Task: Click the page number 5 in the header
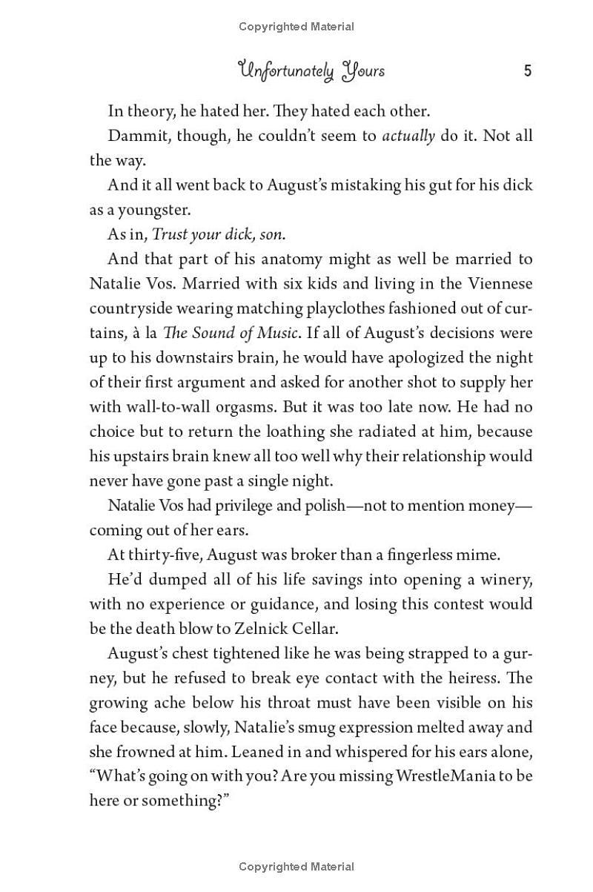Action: pyautogui.click(x=528, y=71)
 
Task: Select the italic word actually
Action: pyautogui.click(x=408, y=136)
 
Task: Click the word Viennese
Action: pyautogui.click(x=498, y=283)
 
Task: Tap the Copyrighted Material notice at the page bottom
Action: pyautogui.click(x=296, y=866)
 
